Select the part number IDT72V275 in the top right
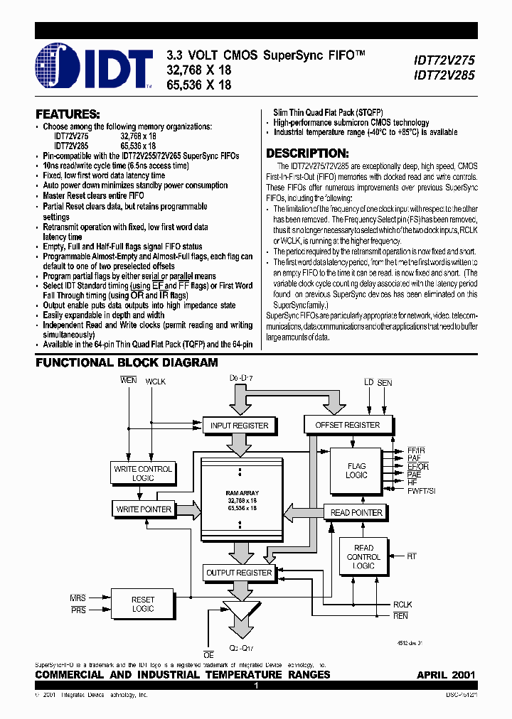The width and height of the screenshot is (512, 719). click(445, 61)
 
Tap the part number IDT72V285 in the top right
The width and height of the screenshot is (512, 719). click(445, 75)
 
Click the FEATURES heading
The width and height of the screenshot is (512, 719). click(68, 114)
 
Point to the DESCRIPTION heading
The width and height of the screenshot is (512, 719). click(307, 153)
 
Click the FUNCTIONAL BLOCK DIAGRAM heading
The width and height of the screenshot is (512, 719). click(127, 363)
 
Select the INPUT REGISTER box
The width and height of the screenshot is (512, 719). click(239, 426)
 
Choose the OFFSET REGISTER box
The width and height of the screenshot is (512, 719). click(347, 425)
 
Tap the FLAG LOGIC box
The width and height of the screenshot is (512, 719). click(357, 470)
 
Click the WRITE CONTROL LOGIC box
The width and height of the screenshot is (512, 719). click(143, 473)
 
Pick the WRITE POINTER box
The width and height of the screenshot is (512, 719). click(144, 509)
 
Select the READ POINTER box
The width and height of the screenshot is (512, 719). click(357, 512)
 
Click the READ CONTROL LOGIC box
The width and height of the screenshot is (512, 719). click(363, 556)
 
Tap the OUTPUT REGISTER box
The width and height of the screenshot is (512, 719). click(239, 573)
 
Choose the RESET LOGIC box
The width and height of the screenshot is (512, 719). click(143, 604)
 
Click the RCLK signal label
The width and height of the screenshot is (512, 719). click(402, 605)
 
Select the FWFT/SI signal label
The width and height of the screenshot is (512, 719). click(422, 491)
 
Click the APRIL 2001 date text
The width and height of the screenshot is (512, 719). click(446, 674)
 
